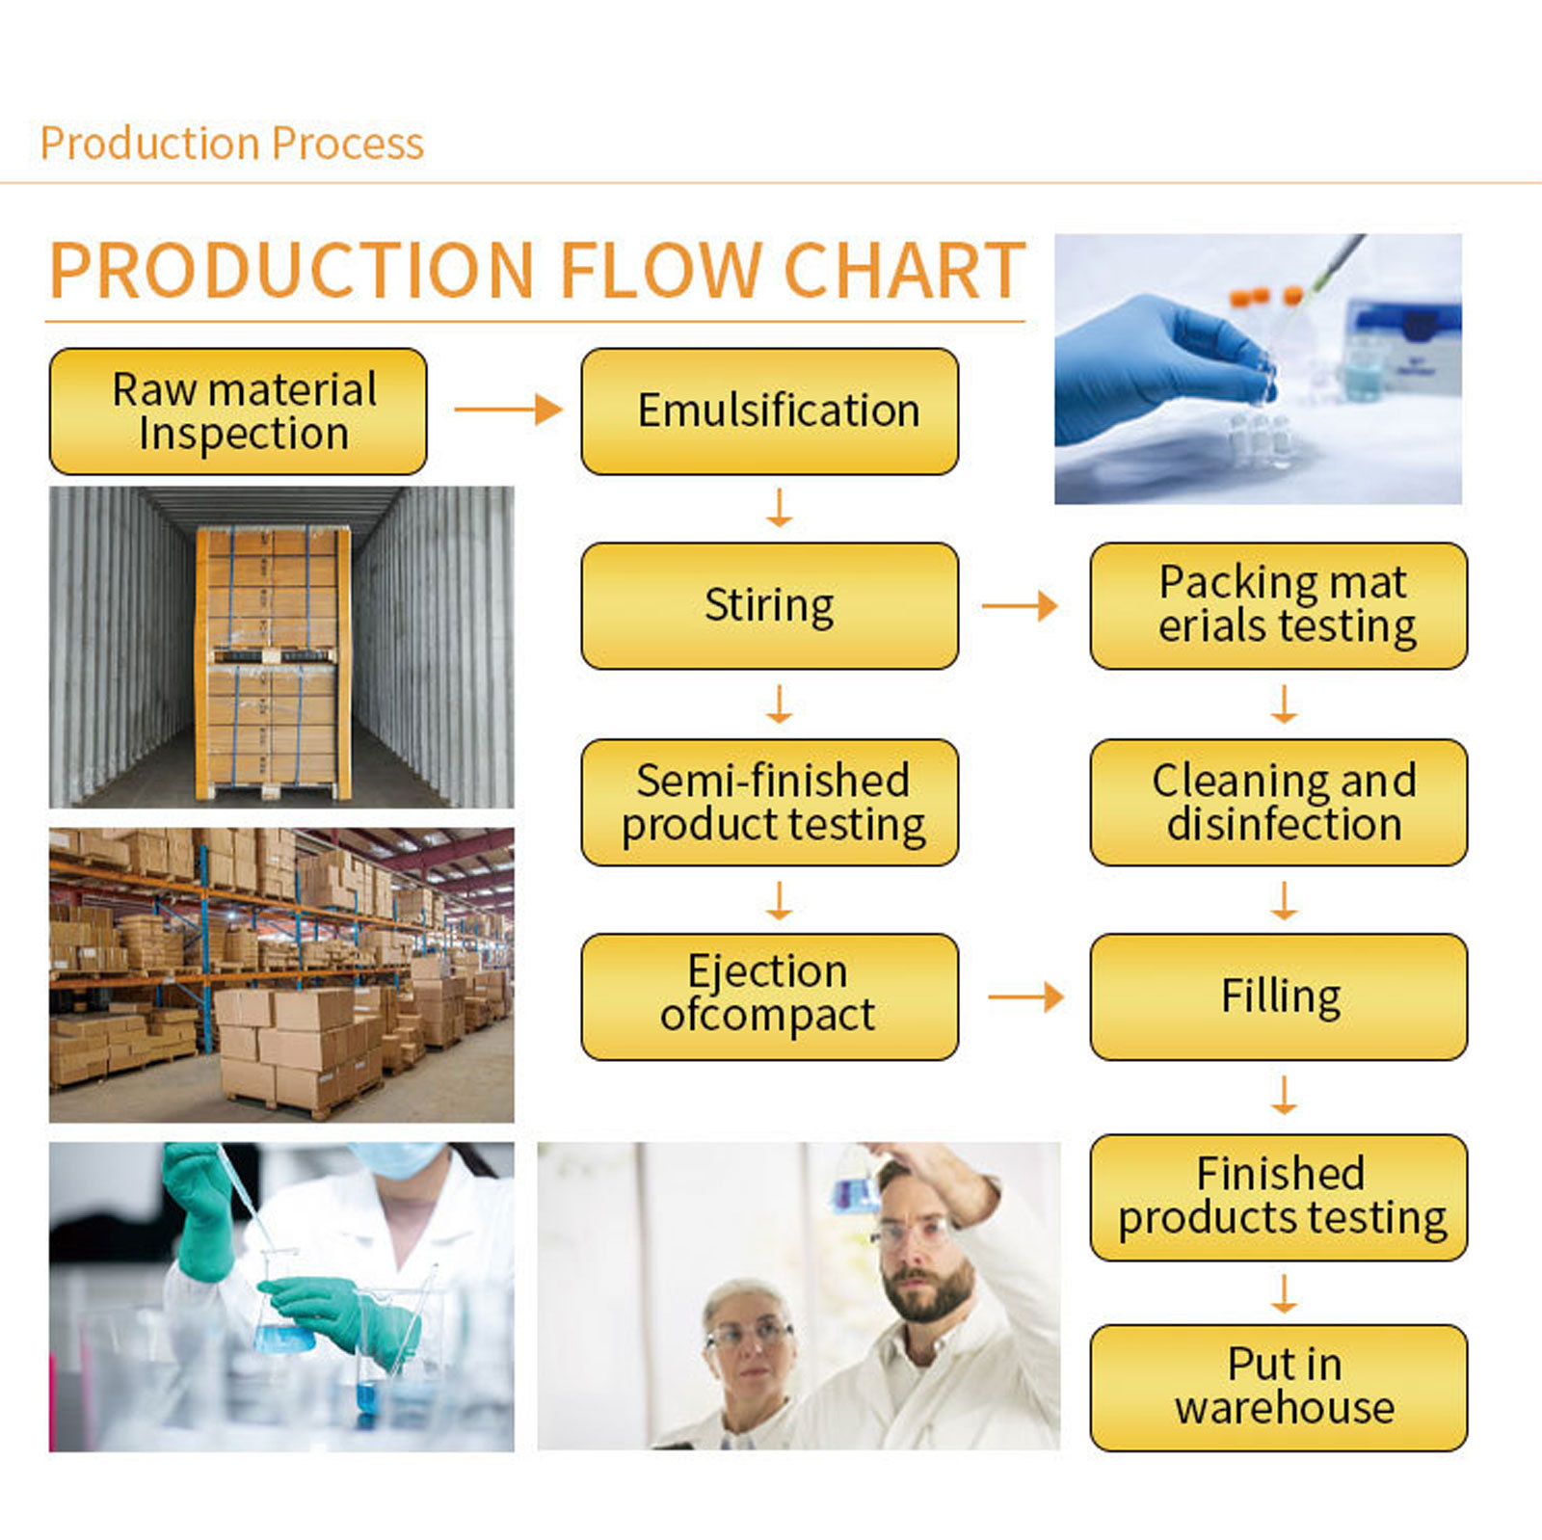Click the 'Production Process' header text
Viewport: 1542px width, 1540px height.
point(231,144)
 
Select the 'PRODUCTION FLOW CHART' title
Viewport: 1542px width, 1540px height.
point(537,271)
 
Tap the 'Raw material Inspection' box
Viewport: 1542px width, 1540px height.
point(238,412)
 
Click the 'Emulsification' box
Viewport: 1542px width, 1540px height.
point(769,412)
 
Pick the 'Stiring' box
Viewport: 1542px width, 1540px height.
point(769,606)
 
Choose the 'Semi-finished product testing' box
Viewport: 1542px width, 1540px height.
point(769,803)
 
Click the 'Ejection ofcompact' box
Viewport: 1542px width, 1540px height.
point(769,996)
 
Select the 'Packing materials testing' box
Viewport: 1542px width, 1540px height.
point(1278,606)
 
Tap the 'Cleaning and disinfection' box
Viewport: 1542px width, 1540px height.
point(1278,803)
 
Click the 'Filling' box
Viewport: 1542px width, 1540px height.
point(1278,996)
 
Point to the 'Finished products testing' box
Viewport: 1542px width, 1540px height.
point(1278,1197)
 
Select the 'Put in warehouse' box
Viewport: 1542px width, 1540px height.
point(1278,1388)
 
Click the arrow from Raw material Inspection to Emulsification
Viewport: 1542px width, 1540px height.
point(508,410)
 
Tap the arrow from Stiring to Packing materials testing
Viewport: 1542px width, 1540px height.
point(1020,606)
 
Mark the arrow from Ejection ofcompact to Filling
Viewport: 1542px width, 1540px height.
point(1025,996)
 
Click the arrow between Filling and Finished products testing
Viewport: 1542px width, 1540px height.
point(1283,1096)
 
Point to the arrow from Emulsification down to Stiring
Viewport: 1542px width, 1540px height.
point(779,508)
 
